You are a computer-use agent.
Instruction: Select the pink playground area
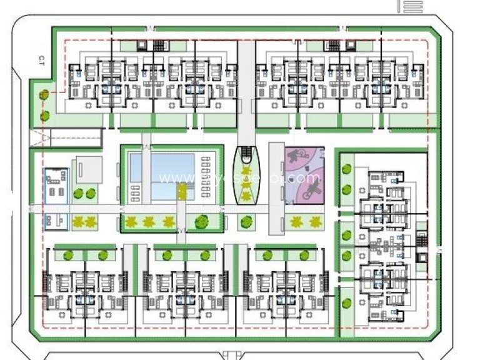(305, 176)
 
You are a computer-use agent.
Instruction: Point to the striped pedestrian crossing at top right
(410, 6)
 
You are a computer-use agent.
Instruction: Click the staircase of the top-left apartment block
(161, 46)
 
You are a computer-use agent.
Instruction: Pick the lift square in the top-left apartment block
(144, 45)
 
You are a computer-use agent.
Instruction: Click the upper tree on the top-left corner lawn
(44, 96)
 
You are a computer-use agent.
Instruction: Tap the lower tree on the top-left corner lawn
(44, 116)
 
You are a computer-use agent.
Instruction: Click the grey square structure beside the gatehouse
(87, 169)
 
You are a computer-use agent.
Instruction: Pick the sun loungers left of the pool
(134, 191)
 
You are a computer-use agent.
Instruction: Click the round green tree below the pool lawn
(201, 221)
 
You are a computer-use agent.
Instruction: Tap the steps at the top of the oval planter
(247, 152)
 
